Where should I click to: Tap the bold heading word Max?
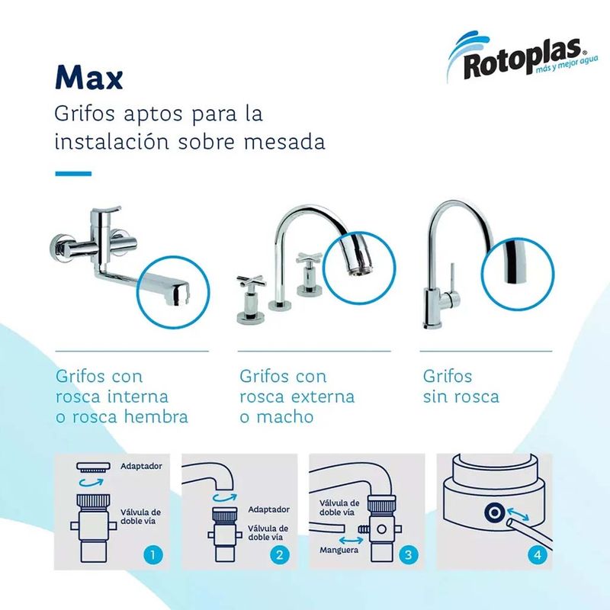(89, 77)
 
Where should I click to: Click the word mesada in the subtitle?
(284, 142)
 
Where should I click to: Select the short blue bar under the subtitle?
(73, 174)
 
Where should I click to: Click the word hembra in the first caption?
(156, 416)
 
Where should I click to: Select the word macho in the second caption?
(284, 416)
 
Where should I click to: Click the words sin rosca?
(461, 396)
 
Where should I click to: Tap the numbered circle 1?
(152, 554)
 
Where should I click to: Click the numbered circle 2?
(280, 554)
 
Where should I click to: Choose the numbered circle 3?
(408, 554)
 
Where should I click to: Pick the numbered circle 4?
(538, 554)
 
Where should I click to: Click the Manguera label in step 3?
(339, 550)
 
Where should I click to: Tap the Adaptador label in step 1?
(141, 466)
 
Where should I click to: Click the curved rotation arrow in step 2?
(225, 497)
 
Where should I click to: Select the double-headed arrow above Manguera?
(351, 540)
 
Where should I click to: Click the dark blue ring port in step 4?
(494, 512)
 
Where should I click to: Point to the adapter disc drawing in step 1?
(93, 467)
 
